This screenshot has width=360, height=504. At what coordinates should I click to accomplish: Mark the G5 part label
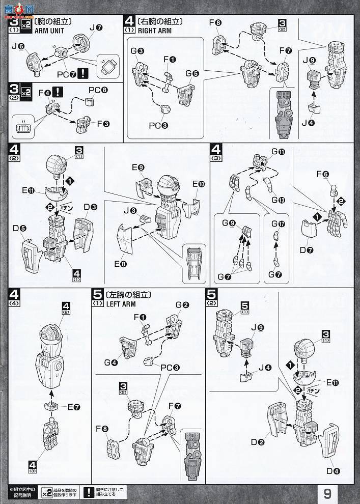[192, 73]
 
